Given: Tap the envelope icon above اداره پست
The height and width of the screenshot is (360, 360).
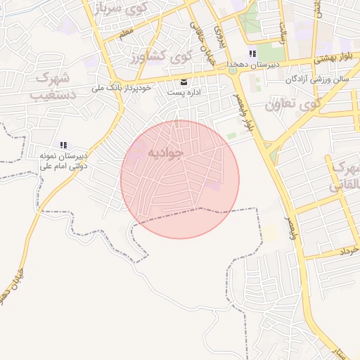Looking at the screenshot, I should click(184, 82).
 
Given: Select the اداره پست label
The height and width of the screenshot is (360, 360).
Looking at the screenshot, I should click(184, 92).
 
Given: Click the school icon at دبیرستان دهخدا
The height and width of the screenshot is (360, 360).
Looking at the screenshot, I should click(252, 54).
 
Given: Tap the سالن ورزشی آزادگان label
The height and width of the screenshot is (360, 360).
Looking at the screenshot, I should click(317, 79).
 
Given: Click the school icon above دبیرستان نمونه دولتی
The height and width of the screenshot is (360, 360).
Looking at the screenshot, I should click(63, 145).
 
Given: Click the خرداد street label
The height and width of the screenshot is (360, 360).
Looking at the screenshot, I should click(349, 250).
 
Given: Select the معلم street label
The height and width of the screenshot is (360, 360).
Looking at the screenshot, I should click(126, 33).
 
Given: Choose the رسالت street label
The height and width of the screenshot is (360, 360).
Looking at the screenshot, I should click(283, 32).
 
